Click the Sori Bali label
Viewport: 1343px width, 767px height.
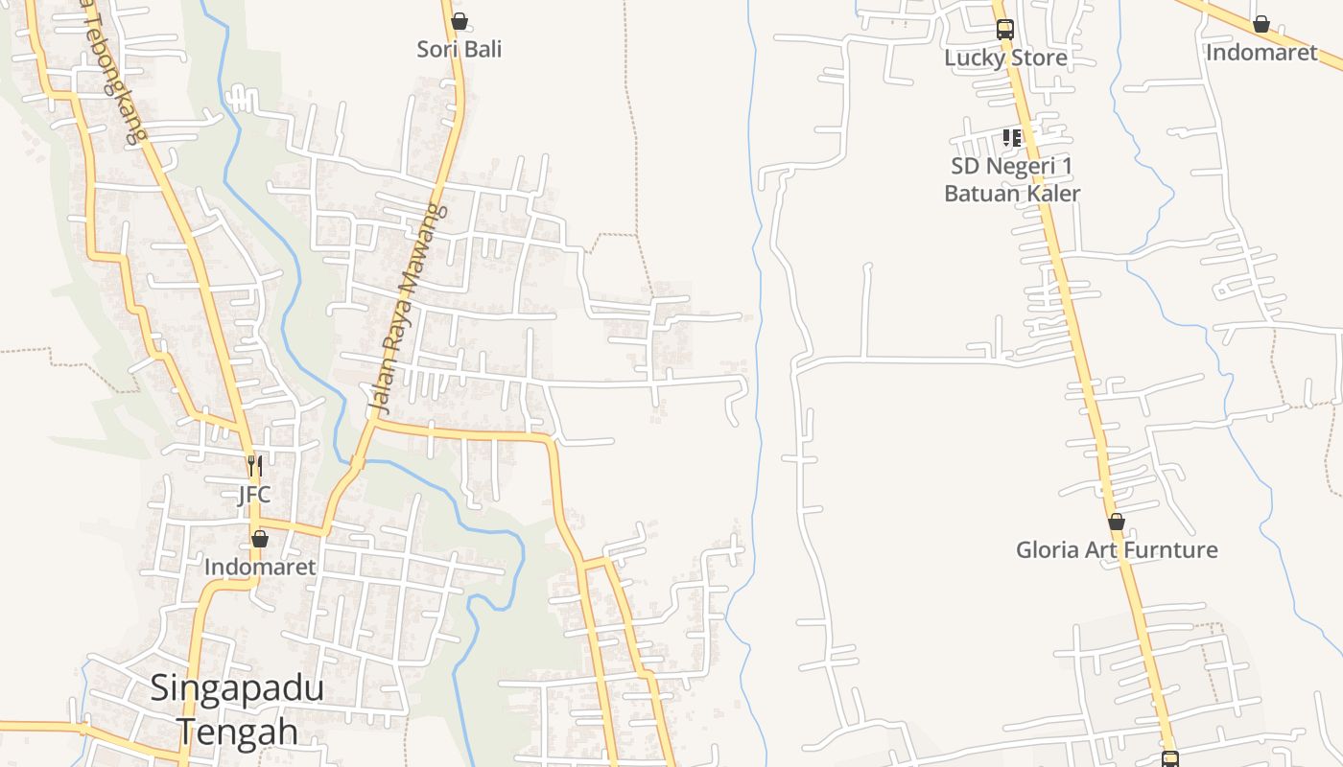click(x=459, y=49)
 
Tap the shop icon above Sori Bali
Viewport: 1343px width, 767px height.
click(x=459, y=21)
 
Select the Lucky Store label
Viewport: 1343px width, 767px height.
click(x=1005, y=58)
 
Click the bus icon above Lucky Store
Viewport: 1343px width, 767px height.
click(x=1004, y=30)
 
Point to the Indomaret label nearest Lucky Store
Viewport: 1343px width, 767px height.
click(x=1261, y=52)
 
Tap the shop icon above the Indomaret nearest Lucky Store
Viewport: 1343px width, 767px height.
click(x=1261, y=24)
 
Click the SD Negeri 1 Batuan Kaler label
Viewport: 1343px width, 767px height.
click(x=1012, y=179)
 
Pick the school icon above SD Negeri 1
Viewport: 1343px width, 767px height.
click(x=1011, y=138)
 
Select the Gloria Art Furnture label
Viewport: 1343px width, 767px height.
click(x=1117, y=549)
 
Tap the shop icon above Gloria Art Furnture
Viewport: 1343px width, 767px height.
click(x=1117, y=523)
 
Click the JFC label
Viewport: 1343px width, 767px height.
click(x=254, y=495)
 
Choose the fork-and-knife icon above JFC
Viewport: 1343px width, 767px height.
click(x=254, y=466)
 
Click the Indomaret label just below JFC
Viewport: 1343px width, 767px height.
click(x=260, y=567)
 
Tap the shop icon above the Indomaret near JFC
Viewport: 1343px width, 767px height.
click(x=259, y=539)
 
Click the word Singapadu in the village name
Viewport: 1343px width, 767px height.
click(x=237, y=688)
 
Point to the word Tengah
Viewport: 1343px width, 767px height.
click(x=237, y=732)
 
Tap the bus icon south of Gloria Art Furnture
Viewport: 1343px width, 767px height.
click(x=1170, y=759)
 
